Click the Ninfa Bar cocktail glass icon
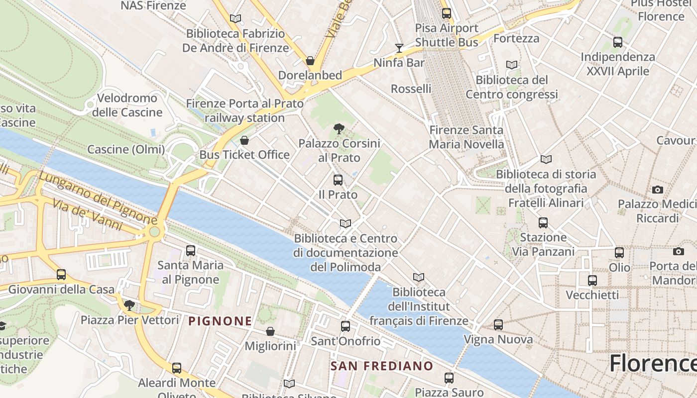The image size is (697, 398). (x=399, y=48)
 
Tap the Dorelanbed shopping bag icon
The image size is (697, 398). (x=310, y=61)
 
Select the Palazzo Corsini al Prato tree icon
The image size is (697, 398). (x=339, y=129)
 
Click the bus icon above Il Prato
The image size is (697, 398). (x=338, y=180)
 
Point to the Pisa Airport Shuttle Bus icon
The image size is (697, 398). (x=447, y=13)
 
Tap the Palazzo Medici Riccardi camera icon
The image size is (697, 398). (x=658, y=190)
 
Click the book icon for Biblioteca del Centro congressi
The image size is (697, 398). (x=511, y=65)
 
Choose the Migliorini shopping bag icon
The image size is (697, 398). (x=270, y=331)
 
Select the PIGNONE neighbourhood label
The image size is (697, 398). (x=220, y=321)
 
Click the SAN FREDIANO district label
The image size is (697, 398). (x=382, y=366)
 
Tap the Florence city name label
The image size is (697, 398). (x=652, y=363)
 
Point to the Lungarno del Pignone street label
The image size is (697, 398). (x=98, y=198)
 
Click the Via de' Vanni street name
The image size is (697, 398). (x=87, y=214)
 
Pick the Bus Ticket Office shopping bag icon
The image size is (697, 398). (x=244, y=140)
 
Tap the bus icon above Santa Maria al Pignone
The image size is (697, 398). (x=190, y=251)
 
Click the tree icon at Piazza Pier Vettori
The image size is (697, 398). (x=129, y=305)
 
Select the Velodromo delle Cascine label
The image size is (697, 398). (x=127, y=105)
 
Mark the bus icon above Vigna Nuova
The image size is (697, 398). (x=498, y=325)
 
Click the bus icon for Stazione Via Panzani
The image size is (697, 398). (x=543, y=223)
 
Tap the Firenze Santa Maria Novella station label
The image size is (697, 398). (x=466, y=137)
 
